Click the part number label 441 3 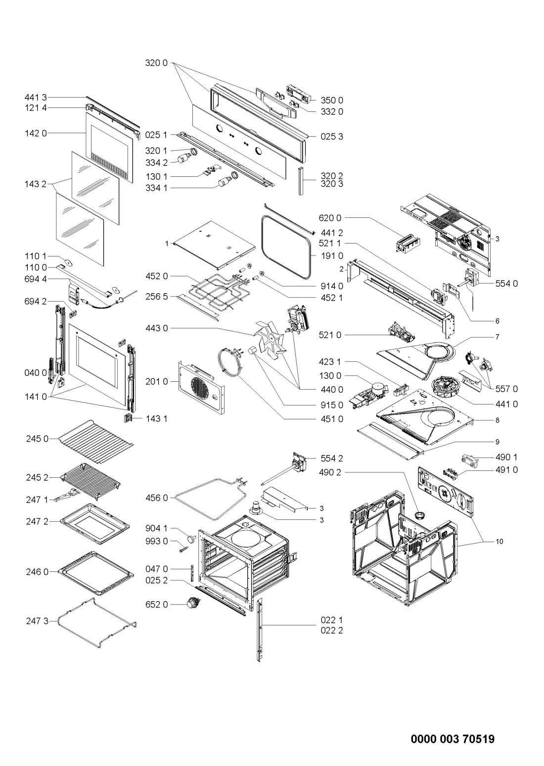pos(36,98)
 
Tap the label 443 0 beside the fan pos(156,328)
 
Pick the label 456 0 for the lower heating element pos(156,498)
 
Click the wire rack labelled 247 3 pos(96,623)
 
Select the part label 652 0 pos(156,605)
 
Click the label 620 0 pos(330,217)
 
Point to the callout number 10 pos(499,542)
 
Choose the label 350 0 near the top pos(331,100)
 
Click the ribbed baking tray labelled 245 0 pos(95,442)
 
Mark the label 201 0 pos(156,381)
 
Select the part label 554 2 pos(331,458)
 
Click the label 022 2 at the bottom pos(331,630)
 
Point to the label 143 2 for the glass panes pos(36,184)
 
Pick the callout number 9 pos(497,442)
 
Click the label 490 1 pos(506,457)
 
